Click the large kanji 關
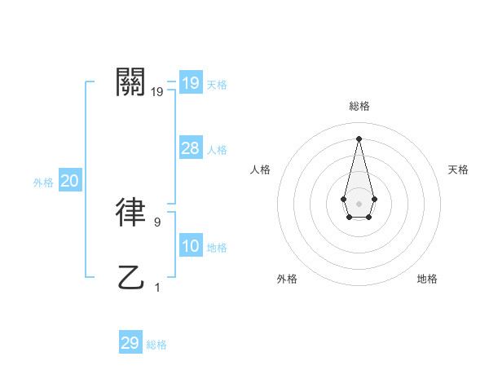131,82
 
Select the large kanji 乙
131,278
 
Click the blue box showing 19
190,83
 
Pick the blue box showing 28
190,148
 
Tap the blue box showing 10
190,247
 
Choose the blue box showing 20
69,182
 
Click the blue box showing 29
130,343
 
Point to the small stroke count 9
157,221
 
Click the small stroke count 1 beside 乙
157,287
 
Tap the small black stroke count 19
157,92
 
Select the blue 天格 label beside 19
217,85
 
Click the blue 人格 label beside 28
217,150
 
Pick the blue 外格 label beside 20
43,183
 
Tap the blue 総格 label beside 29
156,345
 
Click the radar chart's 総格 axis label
359,106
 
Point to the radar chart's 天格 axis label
458,169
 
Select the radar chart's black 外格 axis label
287,279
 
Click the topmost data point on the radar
359,138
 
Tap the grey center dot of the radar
359,203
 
